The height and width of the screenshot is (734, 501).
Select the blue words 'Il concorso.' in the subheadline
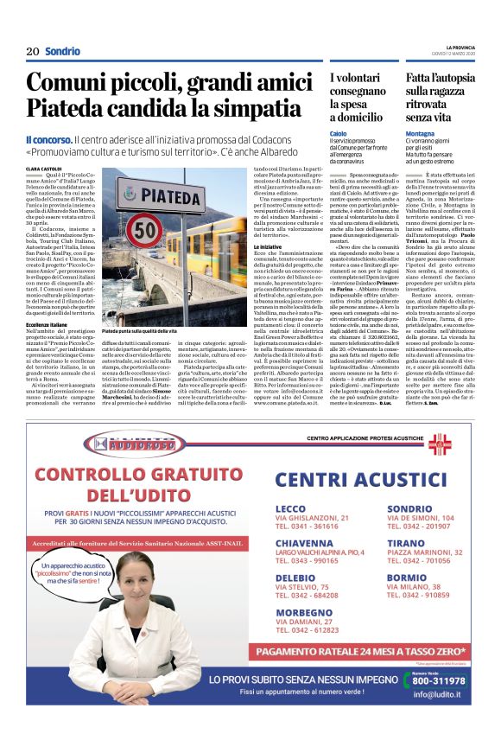48,139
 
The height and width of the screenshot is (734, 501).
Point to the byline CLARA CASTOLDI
45,169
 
